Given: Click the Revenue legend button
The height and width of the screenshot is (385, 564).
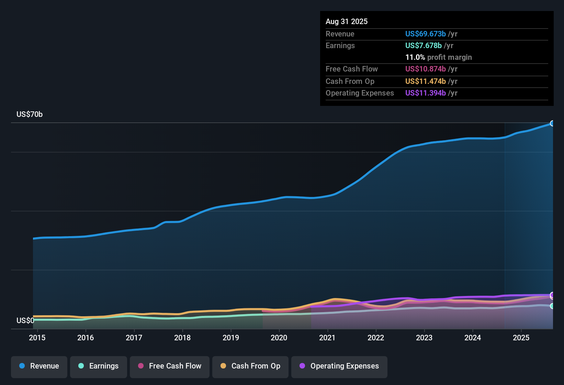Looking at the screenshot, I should [x=39, y=366].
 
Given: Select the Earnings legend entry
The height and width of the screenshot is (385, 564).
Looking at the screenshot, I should [x=99, y=366].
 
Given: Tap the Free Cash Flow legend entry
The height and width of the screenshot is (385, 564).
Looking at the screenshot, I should [x=170, y=366].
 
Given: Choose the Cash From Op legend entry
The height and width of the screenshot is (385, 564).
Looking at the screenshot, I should [x=250, y=366].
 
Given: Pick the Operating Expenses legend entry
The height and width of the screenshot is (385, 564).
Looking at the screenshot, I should [x=339, y=366].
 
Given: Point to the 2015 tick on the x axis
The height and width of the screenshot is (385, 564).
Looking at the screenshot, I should [x=37, y=338].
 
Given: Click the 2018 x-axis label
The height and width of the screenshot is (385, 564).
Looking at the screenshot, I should [x=182, y=338].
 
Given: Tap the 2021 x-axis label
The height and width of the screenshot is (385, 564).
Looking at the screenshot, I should [x=327, y=338].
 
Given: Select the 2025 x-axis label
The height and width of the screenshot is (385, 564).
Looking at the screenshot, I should [x=521, y=338].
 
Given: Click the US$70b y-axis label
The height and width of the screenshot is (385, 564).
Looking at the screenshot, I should [x=30, y=114].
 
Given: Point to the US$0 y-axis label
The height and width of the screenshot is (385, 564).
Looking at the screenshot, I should [x=25, y=321].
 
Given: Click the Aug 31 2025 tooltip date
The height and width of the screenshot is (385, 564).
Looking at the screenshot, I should [x=347, y=22].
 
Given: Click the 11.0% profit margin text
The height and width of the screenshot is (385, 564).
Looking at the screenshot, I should [x=438, y=57].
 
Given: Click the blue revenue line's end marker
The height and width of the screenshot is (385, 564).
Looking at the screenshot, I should [x=552, y=123].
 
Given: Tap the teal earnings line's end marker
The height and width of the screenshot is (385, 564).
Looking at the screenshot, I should [x=552, y=306].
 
